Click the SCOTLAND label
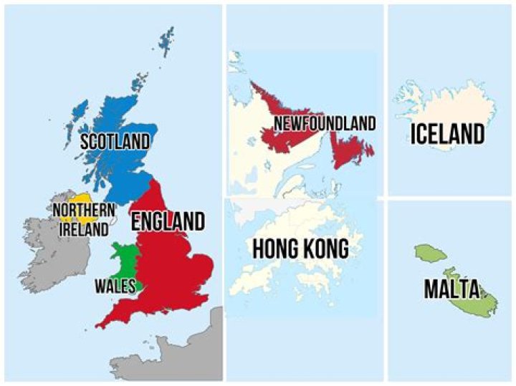[x=115, y=140]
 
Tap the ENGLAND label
[x=168, y=221]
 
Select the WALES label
[x=115, y=286]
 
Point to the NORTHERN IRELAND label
[x=84, y=219]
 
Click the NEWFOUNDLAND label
[x=325, y=124]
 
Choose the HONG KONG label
[x=300, y=249]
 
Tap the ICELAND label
[x=448, y=133]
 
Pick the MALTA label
[x=451, y=289]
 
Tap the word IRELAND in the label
[x=84, y=229]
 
